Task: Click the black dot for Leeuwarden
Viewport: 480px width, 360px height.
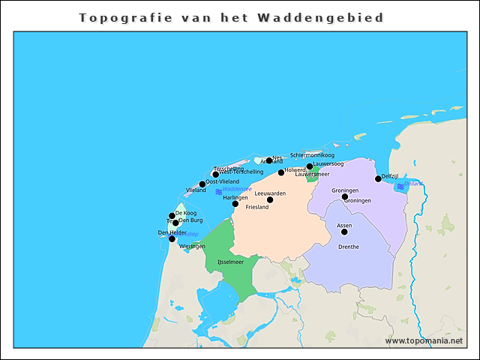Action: (270, 199)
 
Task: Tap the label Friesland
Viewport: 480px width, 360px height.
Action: (257, 207)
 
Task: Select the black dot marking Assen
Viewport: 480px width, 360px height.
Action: (344, 232)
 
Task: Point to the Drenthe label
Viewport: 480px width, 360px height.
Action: (349, 247)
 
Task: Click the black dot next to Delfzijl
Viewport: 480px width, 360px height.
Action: (378, 178)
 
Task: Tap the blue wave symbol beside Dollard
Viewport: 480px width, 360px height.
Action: (400, 185)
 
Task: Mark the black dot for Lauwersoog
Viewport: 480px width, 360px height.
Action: (310, 166)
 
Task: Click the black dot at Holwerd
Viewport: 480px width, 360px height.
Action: (281, 172)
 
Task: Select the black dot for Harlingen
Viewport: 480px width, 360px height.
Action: (235, 203)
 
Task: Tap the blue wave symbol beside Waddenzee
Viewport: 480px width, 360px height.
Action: (218, 192)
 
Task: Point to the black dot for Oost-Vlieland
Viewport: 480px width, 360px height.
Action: (202, 184)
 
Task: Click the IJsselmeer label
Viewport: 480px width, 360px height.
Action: (230, 262)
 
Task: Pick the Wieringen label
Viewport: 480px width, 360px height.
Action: (192, 246)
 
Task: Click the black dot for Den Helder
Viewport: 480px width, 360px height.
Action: (172, 238)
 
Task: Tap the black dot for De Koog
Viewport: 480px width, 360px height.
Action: (172, 216)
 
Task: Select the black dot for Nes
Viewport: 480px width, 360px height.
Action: (269, 160)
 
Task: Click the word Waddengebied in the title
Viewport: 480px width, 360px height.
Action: (335, 17)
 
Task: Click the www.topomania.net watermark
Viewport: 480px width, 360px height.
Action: (424, 340)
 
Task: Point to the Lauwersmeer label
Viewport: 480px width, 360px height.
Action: (312, 174)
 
